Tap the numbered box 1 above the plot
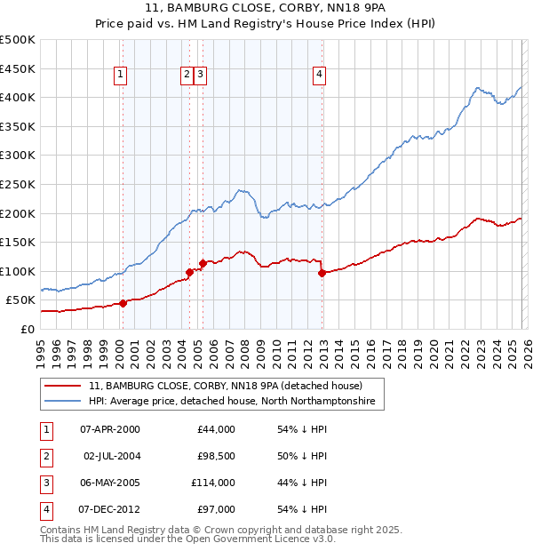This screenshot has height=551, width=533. pyautogui.click(x=120, y=76)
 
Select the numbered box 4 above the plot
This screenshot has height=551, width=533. pyautogui.click(x=318, y=76)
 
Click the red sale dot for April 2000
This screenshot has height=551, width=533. pyautogui.click(x=123, y=303)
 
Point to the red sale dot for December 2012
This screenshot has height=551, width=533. pyautogui.click(x=322, y=273)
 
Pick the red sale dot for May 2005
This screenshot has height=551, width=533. pyautogui.click(x=203, y=263)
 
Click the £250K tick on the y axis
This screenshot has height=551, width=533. pyautogui.click(x=18, y=184)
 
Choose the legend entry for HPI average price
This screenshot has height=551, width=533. pyautogui.click(x=232, y=402)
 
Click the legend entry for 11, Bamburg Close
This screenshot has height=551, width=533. pyautogui.click(x=225, y=386)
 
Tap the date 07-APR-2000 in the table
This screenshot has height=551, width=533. pyautogui.click(x=110, y=429)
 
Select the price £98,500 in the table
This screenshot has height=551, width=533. pyautogui.click(x=215, y=456)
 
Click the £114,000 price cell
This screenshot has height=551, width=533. pyautogui.click(x=213, y=483)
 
